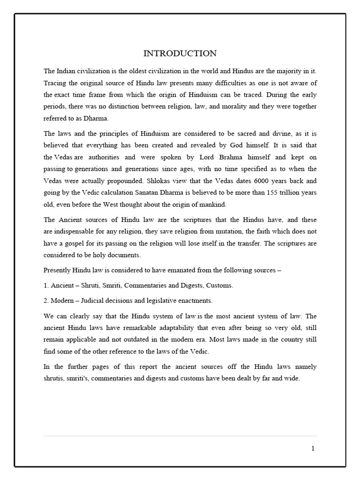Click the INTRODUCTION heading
coord(180,53)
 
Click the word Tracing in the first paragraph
coord(55,83)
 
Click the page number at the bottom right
coord(313,448)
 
